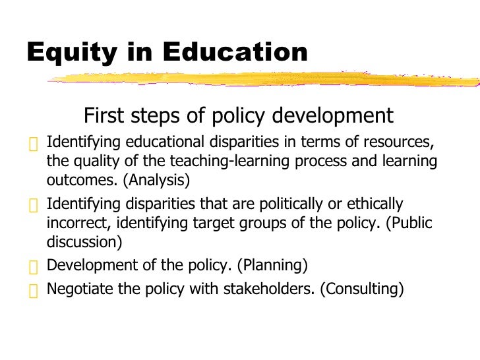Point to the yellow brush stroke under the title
pyautogui.click(x=264, y=79)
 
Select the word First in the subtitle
pyautogui.click(x=104, y=116)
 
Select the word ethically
pyautogui.click(x=375, y=204)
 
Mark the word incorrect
pyautogui.click(x=73, y=223)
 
